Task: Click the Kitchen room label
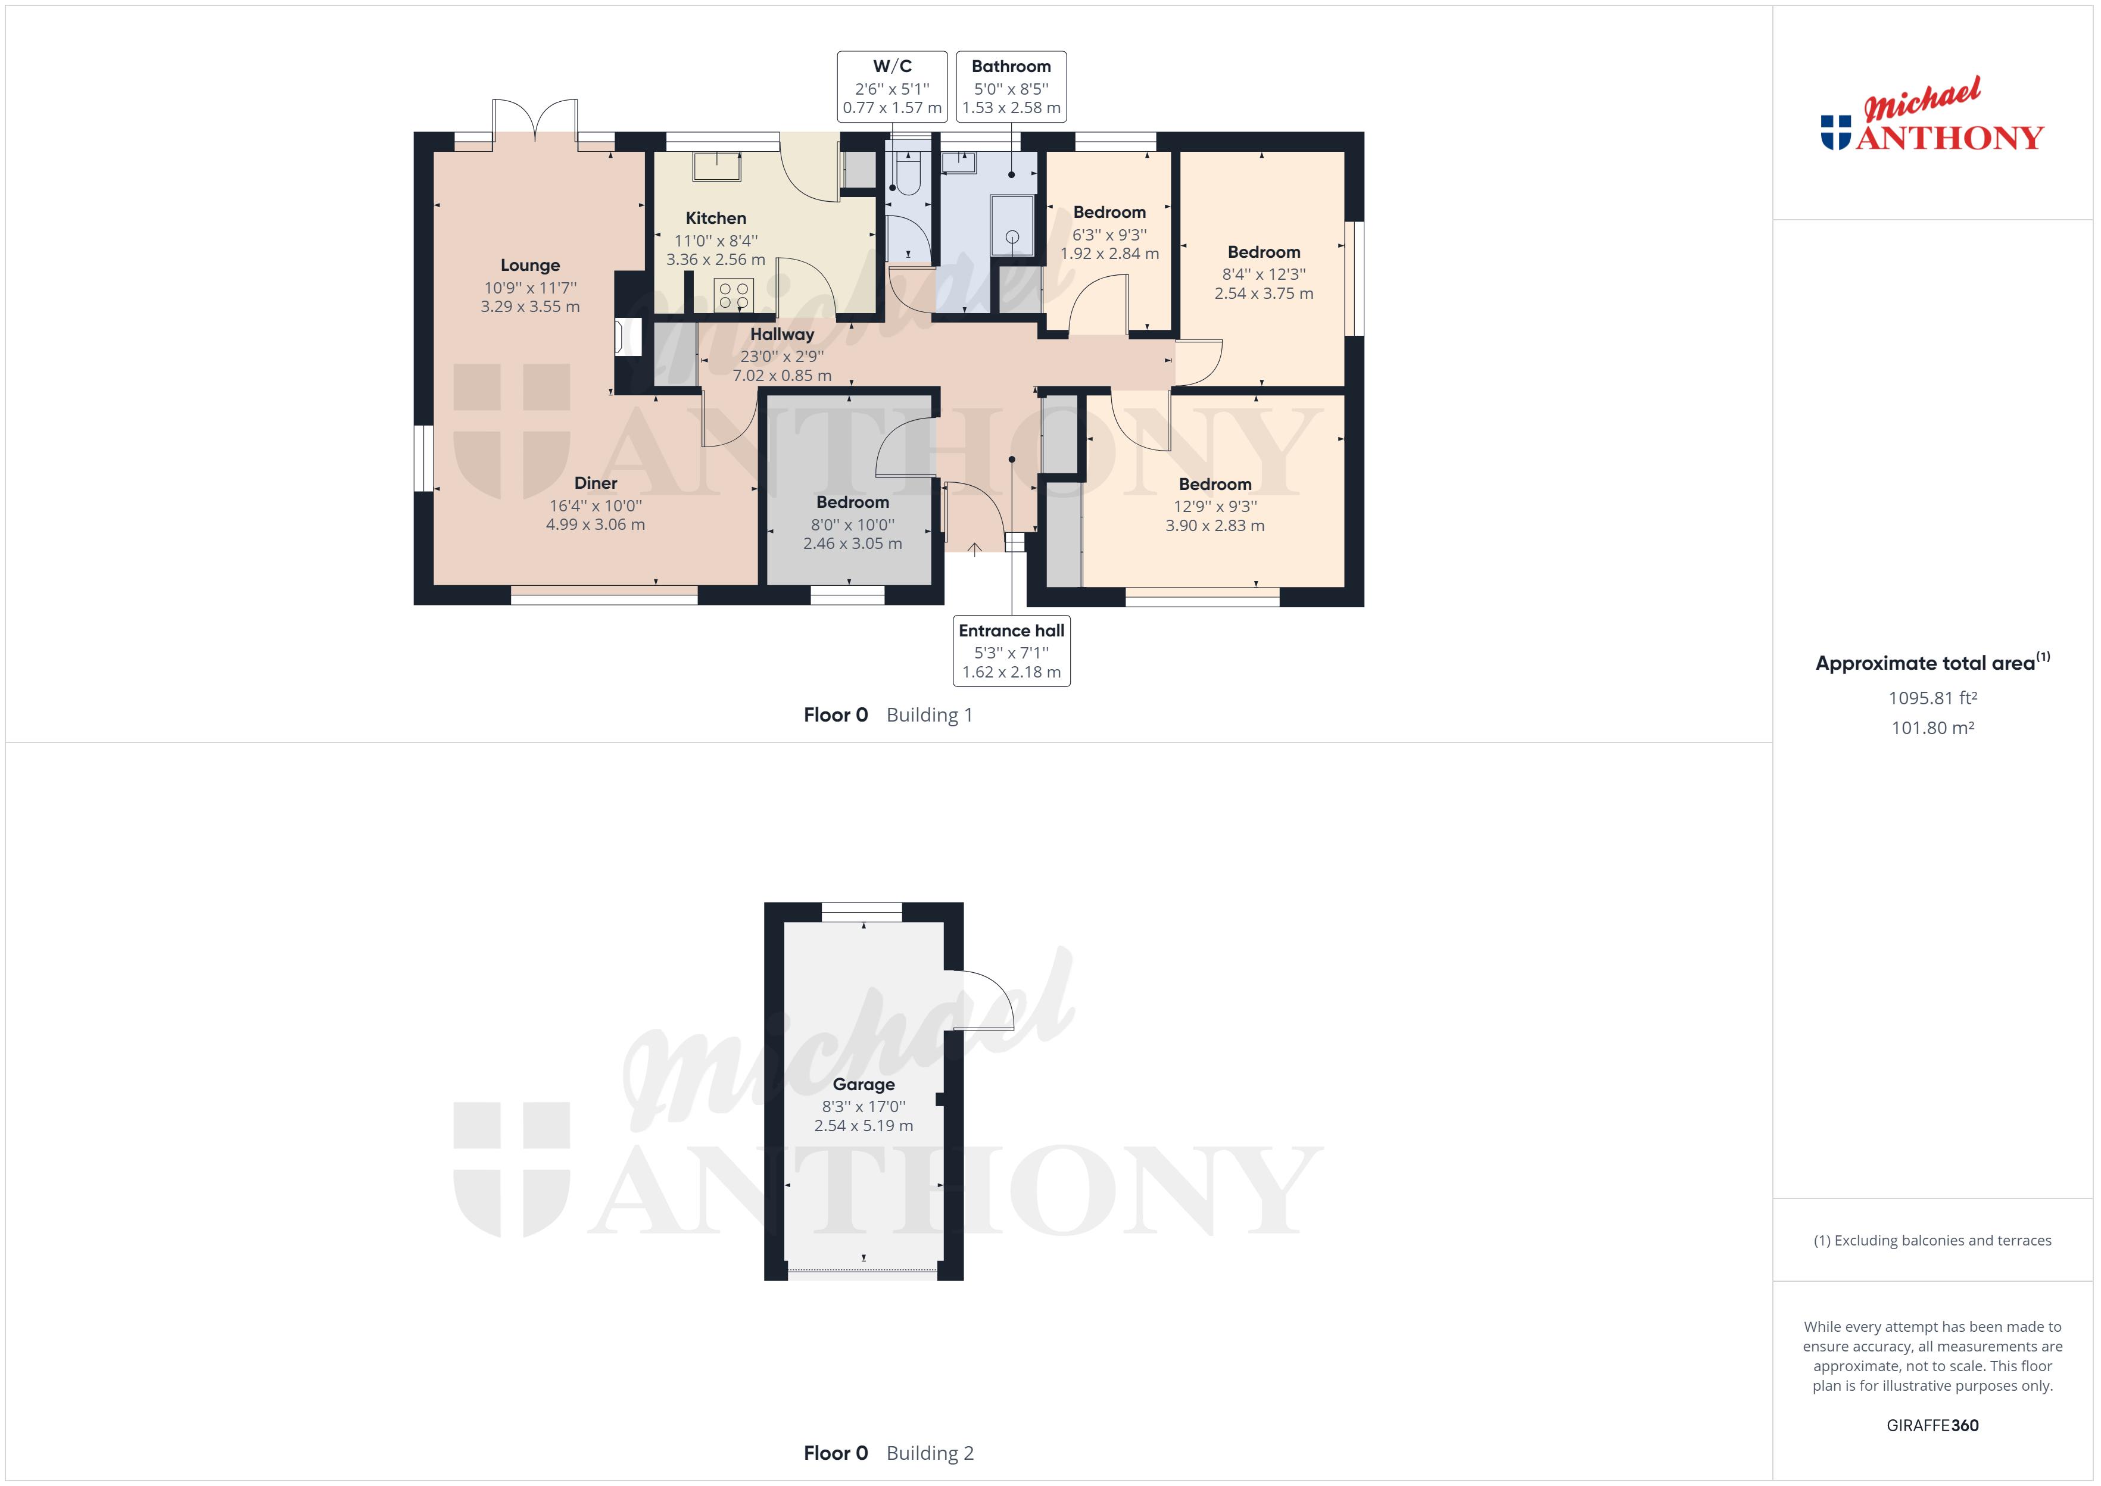point(716,218)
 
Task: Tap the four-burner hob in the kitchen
point(734,295)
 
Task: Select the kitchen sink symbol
point(716,167)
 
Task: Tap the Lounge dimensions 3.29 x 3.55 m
point(530,307)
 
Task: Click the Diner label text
point(596,483)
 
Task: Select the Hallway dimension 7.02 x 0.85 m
point(781,375)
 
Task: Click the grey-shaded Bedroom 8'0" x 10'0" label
point(852,502)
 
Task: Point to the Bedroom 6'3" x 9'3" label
point(1109,213)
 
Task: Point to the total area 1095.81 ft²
point(1932,698)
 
